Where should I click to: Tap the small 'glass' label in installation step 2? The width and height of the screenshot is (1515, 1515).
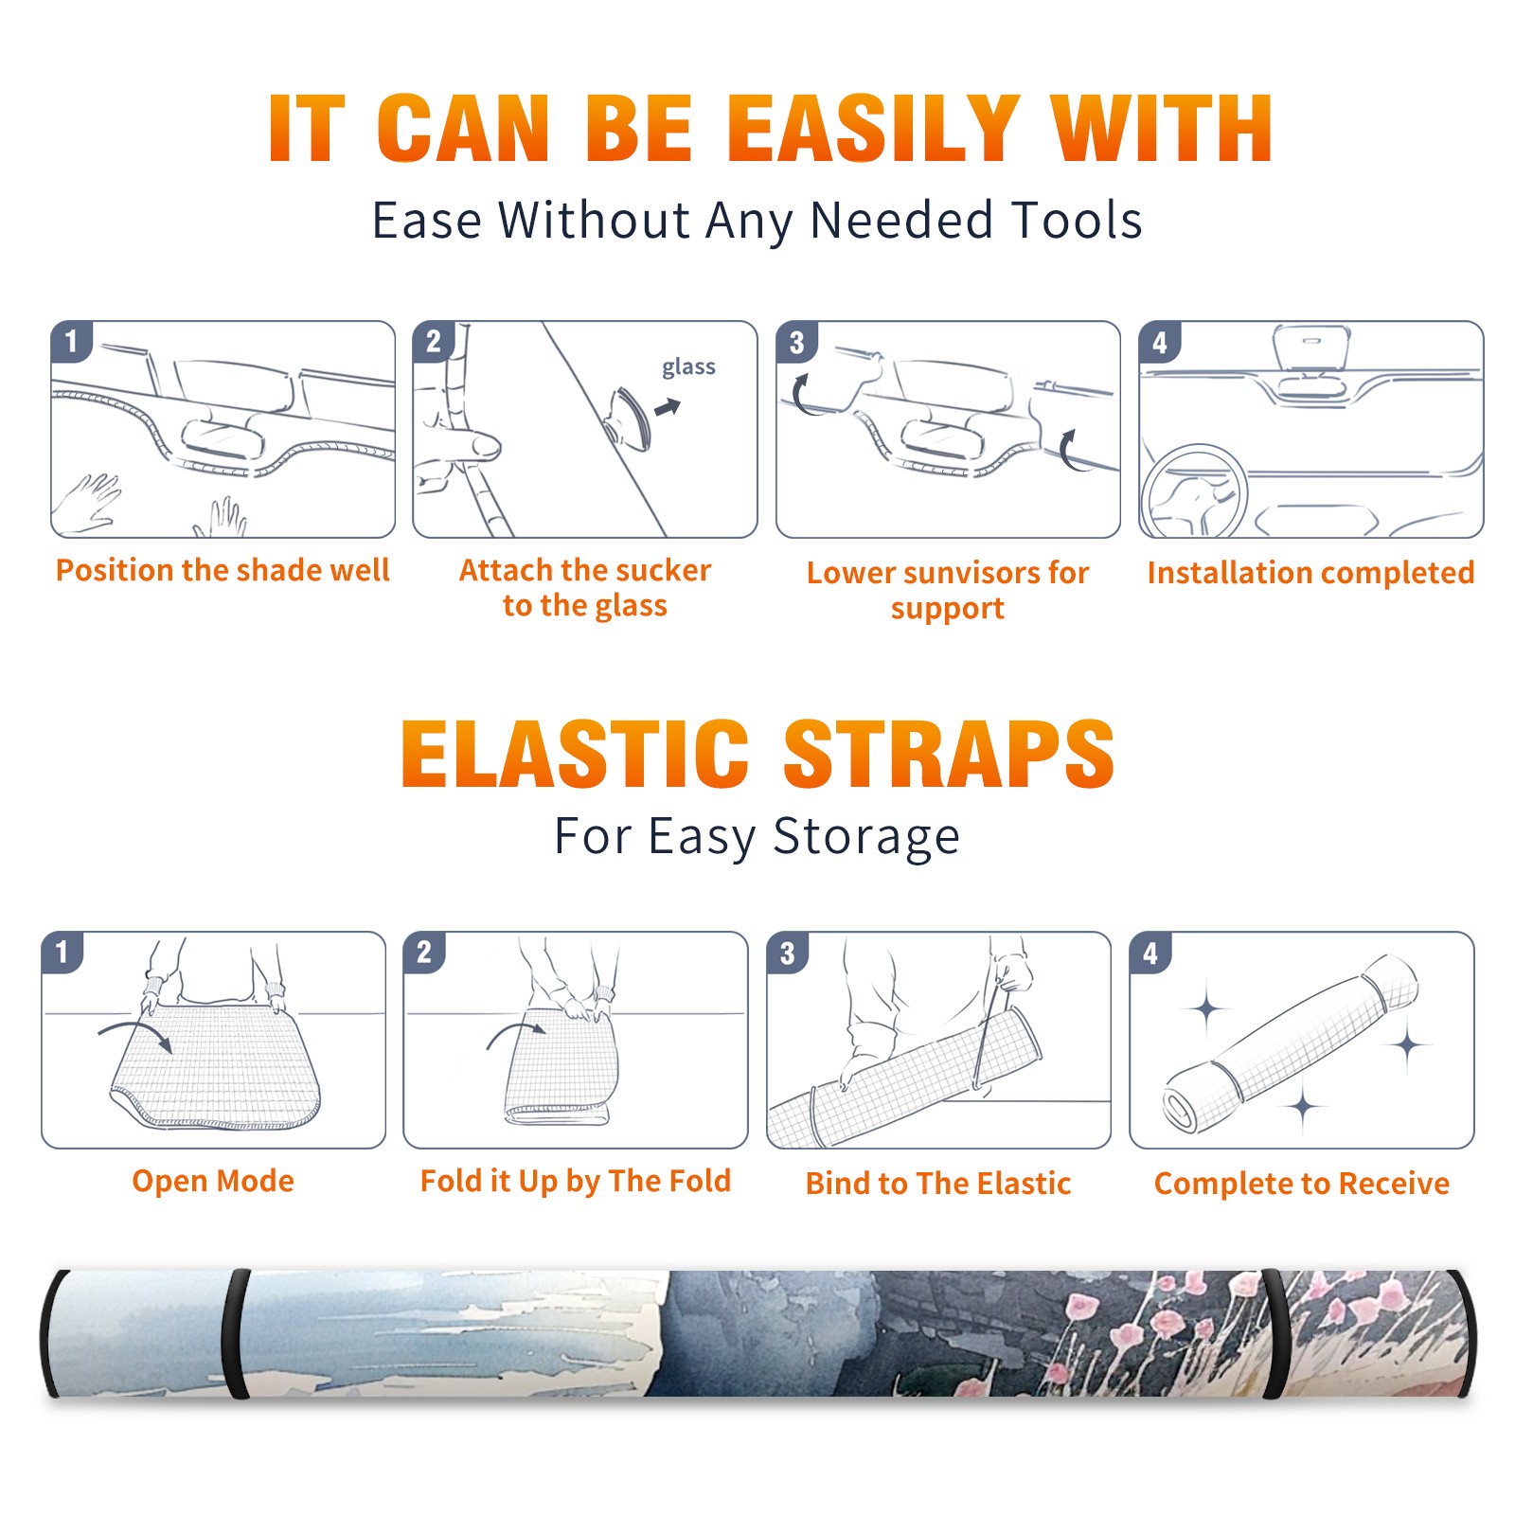[x=688, y=367]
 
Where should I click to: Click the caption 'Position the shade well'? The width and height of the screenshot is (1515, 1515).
[x=223, y=570]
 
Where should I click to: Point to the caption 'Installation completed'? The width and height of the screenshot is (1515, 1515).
[x=1310, y=572]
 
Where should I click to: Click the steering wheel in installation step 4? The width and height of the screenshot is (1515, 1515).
[x=1194, y=492]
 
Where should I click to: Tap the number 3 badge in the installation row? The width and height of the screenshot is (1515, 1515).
[x=796, y=343]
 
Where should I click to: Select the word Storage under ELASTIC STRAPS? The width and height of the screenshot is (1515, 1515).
[x=866, y=837]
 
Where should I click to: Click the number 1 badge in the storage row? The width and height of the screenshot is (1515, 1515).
[x=62, y=952]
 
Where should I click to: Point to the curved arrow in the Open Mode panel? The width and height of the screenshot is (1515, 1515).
[x=135, y=1031]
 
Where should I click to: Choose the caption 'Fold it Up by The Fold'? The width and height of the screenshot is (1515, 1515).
[x=576, y=1181]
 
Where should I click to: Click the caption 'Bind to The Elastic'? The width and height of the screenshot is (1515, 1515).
[x=938, y=1184]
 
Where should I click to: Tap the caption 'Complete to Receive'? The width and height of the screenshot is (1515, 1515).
[x=1302, y=1184]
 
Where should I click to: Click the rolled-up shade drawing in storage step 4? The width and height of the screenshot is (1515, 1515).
[x=1291, y=1043]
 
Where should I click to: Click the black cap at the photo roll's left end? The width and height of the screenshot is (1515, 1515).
[x=53, y=1333]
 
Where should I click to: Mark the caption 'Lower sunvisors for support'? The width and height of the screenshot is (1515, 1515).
[x=948, y=590]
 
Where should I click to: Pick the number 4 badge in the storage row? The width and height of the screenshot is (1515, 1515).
[x=1150, y=953]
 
